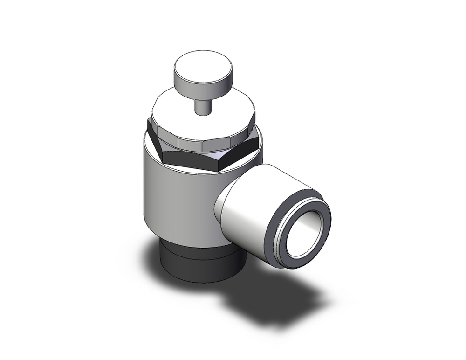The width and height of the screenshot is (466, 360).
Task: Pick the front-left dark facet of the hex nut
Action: point(184,159)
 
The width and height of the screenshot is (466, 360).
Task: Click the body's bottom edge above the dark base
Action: point(186,238)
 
